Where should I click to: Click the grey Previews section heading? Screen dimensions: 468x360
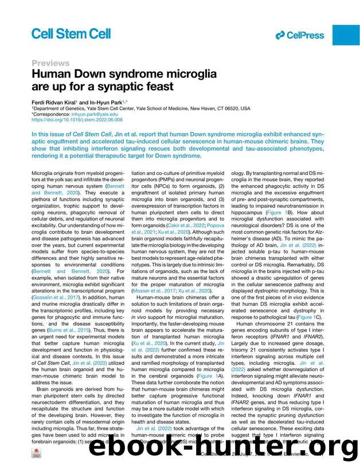50,63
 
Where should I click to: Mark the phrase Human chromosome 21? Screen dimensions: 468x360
268,323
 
